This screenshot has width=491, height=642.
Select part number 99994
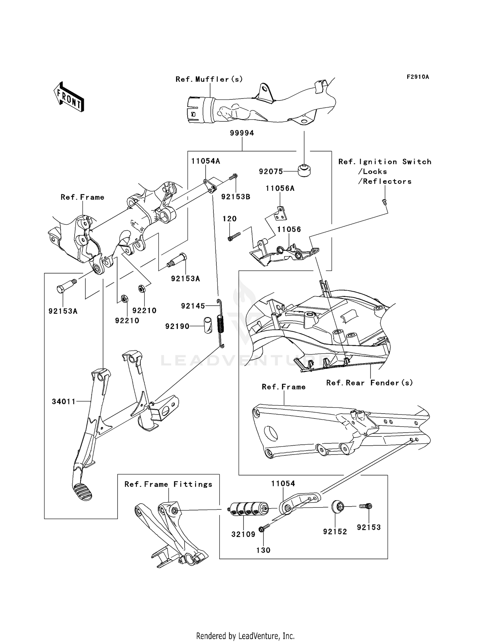242,133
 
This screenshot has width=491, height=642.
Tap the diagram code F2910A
418,77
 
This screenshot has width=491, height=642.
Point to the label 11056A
280,188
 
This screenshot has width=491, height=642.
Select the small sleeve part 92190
207,325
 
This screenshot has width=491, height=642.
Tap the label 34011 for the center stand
64,401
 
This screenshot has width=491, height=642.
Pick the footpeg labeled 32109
248,509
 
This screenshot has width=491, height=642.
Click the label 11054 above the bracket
283,484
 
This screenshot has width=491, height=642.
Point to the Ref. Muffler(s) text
209,79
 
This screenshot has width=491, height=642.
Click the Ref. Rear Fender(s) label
369,383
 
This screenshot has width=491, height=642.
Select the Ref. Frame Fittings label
168,484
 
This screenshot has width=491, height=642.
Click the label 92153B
236,197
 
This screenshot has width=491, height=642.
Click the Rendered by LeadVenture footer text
245,636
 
